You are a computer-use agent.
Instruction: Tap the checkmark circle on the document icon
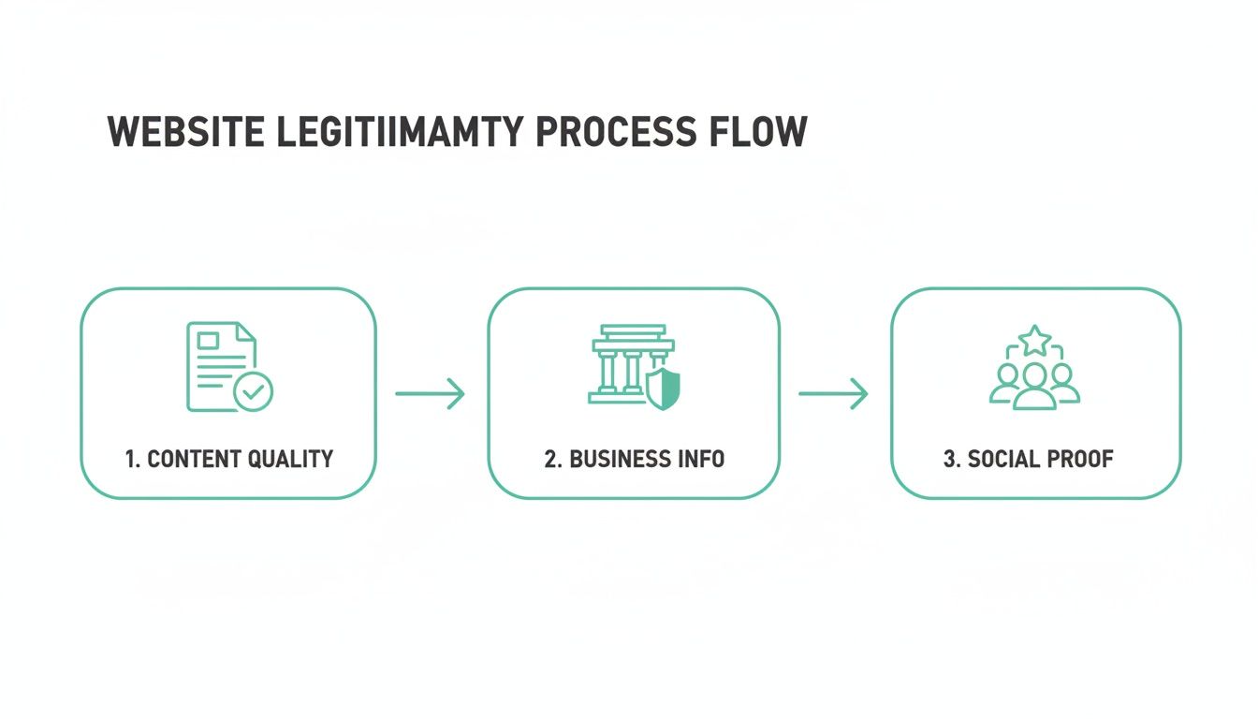tap(252, 391)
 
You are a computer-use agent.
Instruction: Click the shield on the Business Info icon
tap(663, 389)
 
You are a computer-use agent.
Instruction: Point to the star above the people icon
tap(1034, 340)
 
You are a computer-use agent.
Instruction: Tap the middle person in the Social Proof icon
tap(1034, 385)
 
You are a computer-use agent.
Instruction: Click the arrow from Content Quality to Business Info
tap(430, 393)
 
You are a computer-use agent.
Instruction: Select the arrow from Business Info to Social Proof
tap(833, 393)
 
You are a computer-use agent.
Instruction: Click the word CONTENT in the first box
tap(195, 459)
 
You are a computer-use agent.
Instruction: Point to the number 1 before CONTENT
tap(131, 459)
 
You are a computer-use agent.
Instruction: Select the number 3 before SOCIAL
tap(948, 459)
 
